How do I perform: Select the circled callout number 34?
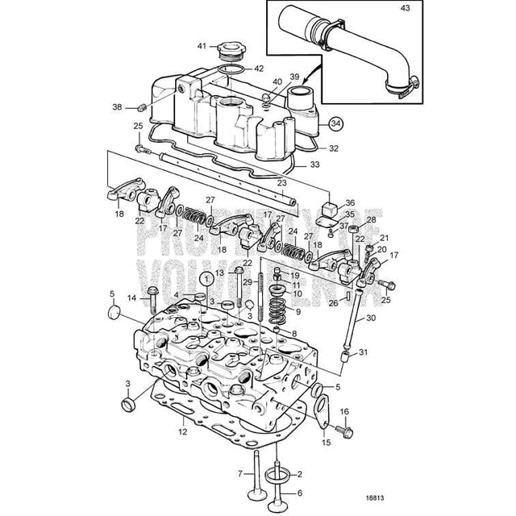point(335,124)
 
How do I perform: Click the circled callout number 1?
point(208,278)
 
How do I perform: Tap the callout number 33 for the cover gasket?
point(314,164)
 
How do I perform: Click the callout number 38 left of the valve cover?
point(118,107)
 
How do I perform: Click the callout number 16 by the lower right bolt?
point(346,412)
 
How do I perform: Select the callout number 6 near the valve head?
point(300,493)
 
